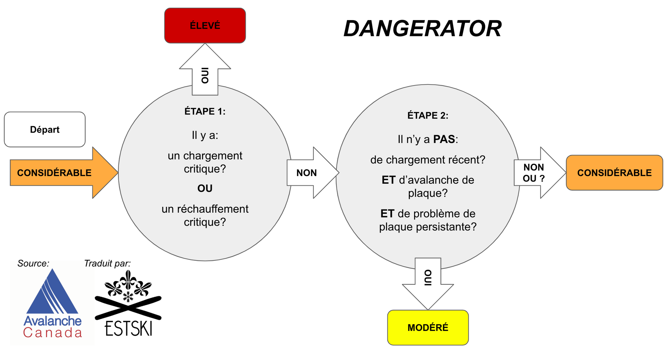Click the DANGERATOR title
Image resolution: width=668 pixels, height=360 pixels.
423,29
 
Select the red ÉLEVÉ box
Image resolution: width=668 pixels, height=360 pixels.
205,26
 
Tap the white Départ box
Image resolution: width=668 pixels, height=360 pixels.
45,130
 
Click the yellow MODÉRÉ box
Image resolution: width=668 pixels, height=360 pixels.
428,328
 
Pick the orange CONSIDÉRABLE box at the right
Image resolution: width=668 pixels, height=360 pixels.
614,173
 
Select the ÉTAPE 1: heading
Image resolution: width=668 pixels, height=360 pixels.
205,111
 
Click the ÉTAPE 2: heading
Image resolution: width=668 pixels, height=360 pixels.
428,116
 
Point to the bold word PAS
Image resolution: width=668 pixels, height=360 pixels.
444,139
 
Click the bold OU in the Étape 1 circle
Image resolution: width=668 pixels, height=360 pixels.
205,188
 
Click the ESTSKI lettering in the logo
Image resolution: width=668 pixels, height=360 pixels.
129,328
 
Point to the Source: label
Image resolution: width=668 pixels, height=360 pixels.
33,263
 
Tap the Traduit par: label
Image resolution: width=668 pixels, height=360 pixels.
107,263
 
